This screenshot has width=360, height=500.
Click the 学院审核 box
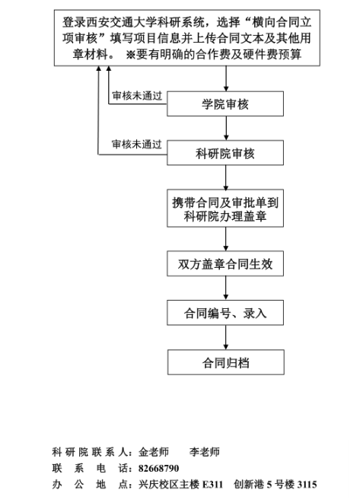point(225,104)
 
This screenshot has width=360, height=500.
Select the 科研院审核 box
point(225,153)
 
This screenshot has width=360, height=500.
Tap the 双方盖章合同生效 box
point(225,264)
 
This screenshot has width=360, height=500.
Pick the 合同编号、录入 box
point(225,313)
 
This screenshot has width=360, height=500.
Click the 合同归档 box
point(226,362)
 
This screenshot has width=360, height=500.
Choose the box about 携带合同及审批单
point(225,209)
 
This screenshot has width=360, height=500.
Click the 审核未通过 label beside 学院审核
point(137,95)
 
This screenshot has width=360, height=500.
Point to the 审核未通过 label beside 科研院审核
point(137,144)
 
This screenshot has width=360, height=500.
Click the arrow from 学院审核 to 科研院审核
point(226,129)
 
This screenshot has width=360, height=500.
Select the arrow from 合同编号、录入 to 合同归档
point(226,337)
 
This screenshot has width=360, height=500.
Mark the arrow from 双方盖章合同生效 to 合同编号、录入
point(226,288)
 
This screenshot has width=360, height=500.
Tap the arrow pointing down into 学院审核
point(226,78)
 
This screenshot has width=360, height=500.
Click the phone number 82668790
point(158,468)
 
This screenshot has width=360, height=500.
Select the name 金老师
point(154,452)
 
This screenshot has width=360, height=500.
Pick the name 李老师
point(205,452)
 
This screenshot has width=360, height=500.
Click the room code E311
point(212,485)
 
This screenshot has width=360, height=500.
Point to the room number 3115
point(307,485)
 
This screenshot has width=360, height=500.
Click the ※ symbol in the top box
point(130,55)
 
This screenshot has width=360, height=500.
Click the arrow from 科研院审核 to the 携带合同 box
point(226,177)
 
